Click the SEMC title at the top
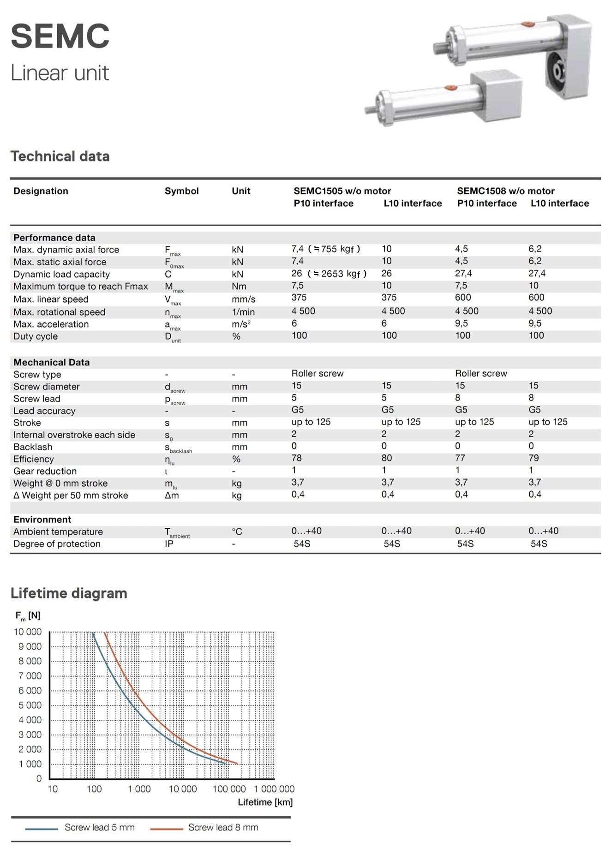(x=60, y=36)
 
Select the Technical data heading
(x=60, y=156)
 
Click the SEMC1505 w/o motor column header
(x=342, y=191)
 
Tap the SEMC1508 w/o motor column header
(x=505, y=191)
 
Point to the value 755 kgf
(x=337, y=249)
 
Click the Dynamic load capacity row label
(x=61, y=274)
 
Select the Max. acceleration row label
(x=51, y=324)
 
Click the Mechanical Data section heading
(x=51, y=362)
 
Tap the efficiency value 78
(x=296, y=458)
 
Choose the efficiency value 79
(x=533, y=458)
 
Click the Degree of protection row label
(x=57, y=544)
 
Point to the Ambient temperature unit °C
(x=237, y=532)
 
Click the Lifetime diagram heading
(x=69, y=593)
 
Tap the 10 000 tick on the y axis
(x=28, y=632)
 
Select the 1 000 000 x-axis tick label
(x=274, y=789)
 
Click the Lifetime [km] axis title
(x=265, y=802)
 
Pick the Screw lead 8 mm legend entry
(x=223, y=827)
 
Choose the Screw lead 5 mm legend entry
(x=99, y=827)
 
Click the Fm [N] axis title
(x=28, y=616)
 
